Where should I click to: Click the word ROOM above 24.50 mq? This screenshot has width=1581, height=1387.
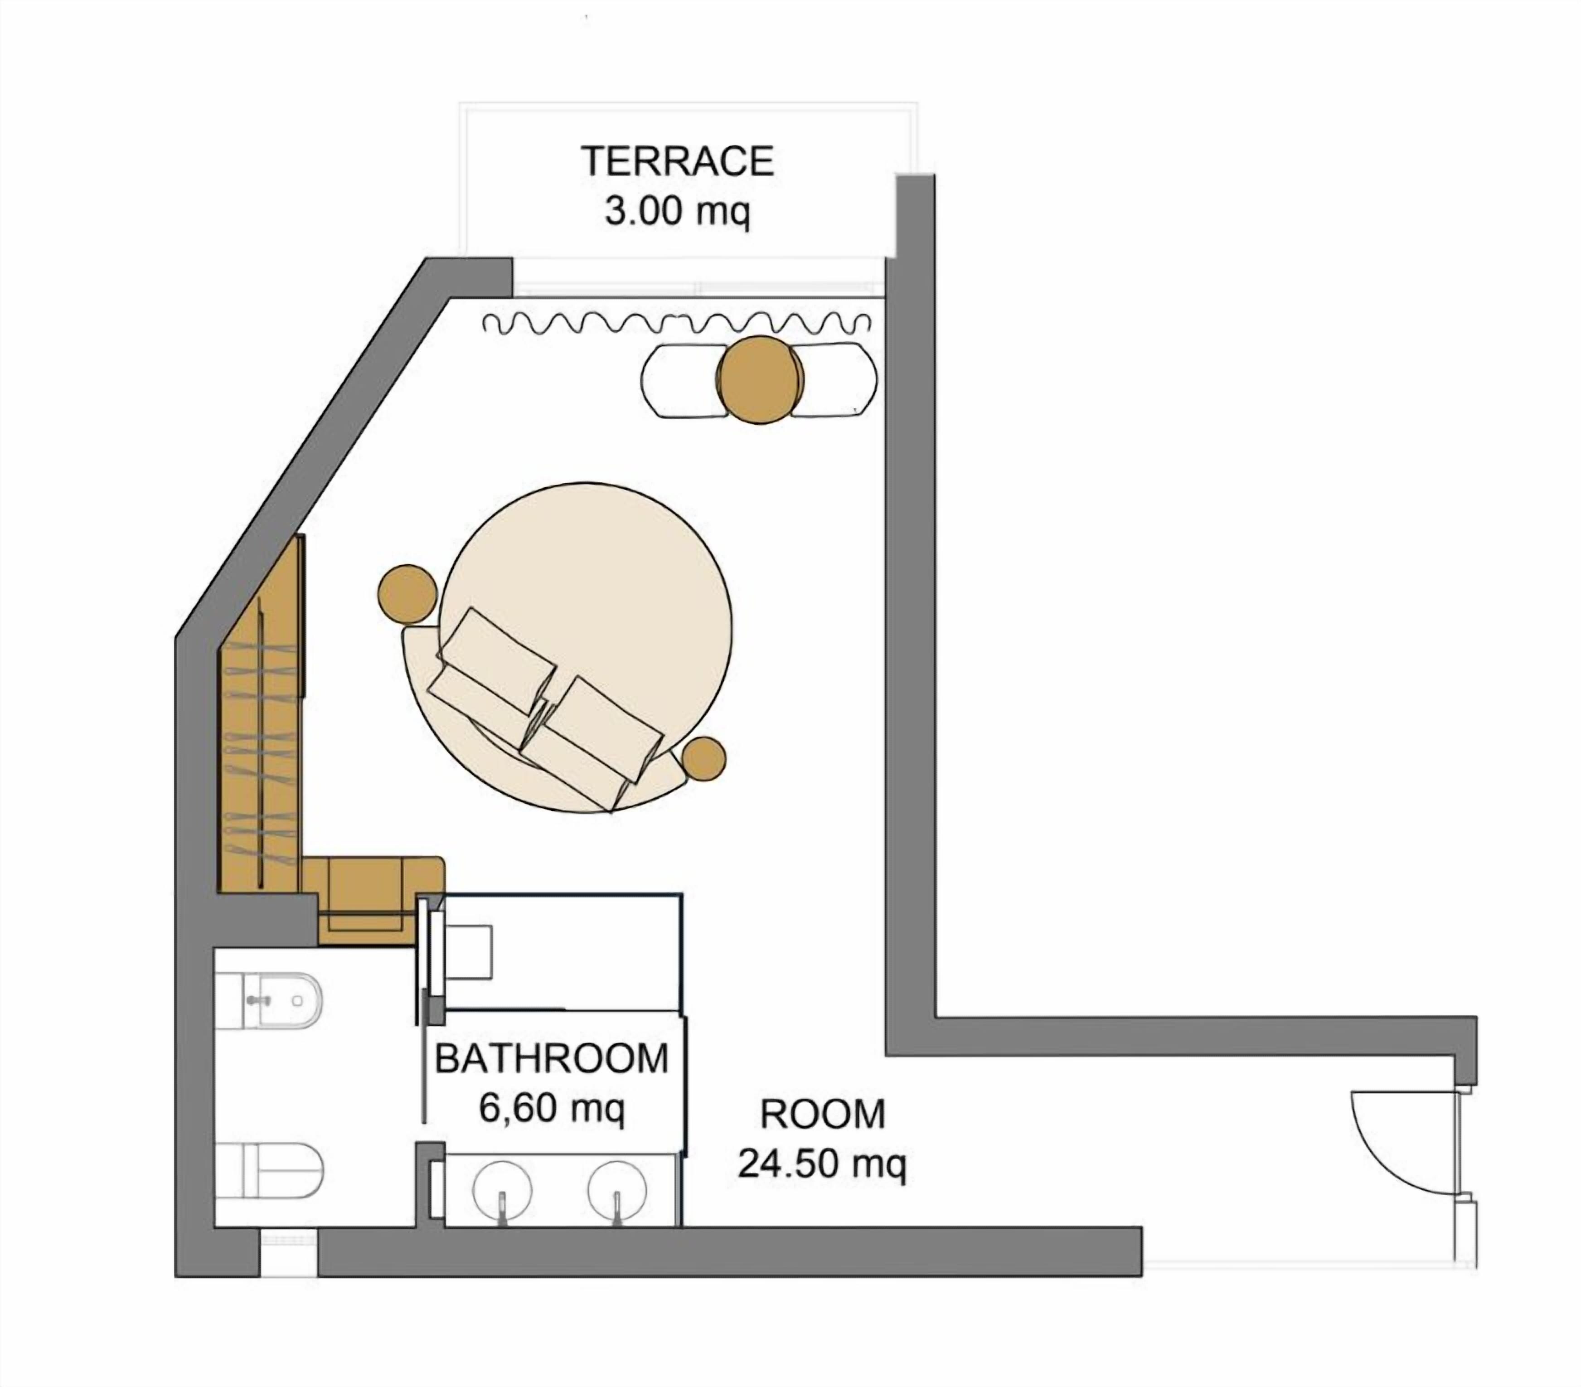pos(822,1114)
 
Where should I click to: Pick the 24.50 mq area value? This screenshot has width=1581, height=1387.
pos(822,1164)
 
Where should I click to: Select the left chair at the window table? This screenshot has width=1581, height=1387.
pos(681,381)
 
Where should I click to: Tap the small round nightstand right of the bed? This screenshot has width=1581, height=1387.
pos(704,757)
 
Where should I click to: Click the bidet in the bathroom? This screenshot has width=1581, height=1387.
pos(271,1000)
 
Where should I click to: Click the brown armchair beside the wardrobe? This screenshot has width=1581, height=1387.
pos(371,897)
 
